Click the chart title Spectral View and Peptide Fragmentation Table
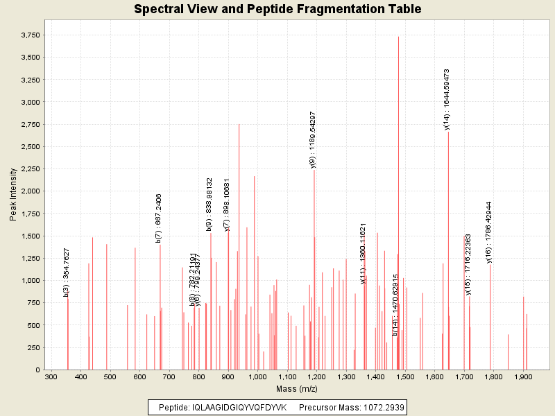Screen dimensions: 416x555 277,10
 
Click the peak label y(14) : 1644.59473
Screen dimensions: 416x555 447,99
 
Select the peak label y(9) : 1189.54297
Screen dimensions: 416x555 313,139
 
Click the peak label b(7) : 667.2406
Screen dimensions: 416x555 159,218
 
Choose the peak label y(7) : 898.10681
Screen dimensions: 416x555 227,205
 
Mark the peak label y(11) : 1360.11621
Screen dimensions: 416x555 363,253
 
